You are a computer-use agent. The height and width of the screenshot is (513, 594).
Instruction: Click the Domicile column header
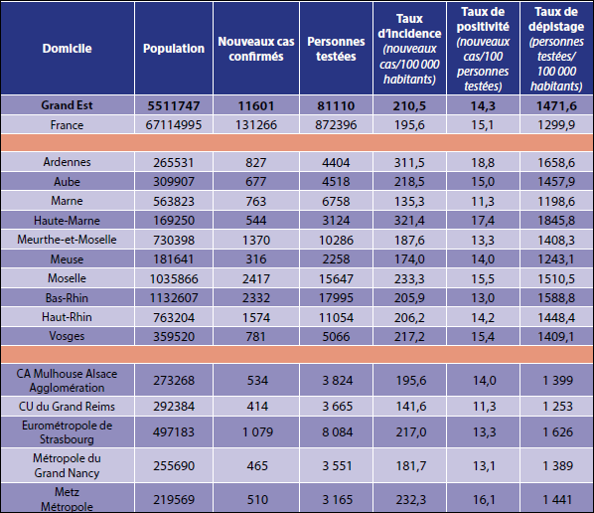click(x=68, y=49)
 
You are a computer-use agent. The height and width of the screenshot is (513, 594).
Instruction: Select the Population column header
click(x=174, y=49)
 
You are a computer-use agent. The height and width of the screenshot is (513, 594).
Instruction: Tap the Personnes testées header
click(x=336, y=49)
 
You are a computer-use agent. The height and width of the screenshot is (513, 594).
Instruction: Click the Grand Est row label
click(x=67, y=105)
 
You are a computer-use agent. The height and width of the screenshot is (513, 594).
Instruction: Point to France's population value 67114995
click(x=174, y=124)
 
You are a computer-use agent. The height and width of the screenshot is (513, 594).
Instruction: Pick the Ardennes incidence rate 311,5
click(x=409, y=163)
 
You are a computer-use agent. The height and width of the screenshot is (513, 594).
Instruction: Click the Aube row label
click(x=67, y=182)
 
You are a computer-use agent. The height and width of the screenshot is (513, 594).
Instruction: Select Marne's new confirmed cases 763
click(x=256, y=201)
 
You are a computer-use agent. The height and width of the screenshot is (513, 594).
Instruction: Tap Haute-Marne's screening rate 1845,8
click(x=556, y=221)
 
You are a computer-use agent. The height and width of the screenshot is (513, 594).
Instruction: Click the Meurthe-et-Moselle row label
click(x=67, y=240)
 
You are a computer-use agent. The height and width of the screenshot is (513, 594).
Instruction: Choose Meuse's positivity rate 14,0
click(x=483, y=259)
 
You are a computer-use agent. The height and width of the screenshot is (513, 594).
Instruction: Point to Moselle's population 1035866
click(x=174, y=278)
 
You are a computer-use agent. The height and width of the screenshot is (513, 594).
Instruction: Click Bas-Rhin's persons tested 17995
click(x=336, y=298)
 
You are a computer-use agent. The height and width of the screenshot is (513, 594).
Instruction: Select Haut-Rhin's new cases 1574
click(x=256, y=317)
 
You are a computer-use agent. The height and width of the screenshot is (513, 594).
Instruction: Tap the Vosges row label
click(x=67, y=336)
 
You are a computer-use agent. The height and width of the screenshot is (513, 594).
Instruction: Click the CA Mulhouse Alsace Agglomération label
click(x=67, y=381)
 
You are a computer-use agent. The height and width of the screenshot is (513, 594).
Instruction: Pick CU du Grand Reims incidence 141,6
click(x=411, y=407)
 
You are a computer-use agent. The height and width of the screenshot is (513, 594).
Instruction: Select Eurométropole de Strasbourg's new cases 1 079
click(x=257, y=432)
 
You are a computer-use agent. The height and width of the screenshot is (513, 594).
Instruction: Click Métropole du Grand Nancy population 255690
click(x=174, y=466)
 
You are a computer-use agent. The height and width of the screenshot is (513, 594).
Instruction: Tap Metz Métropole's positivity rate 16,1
click(x=484, y=500)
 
